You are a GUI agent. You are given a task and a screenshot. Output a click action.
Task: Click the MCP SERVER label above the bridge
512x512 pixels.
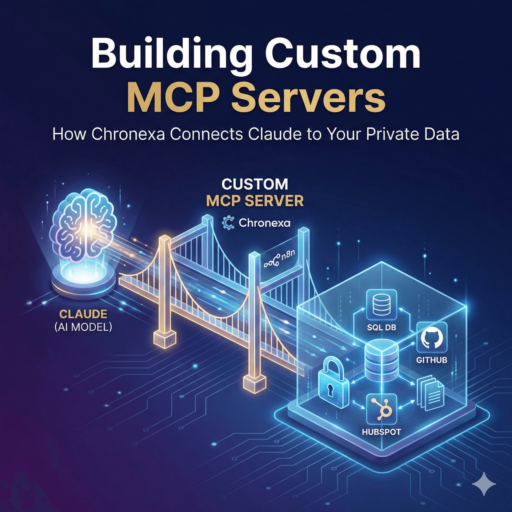tap(255, 201)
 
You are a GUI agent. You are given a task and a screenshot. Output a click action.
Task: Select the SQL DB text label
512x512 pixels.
tap(381, 327)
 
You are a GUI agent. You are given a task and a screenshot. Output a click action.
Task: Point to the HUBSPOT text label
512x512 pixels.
tap(381, 432)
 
